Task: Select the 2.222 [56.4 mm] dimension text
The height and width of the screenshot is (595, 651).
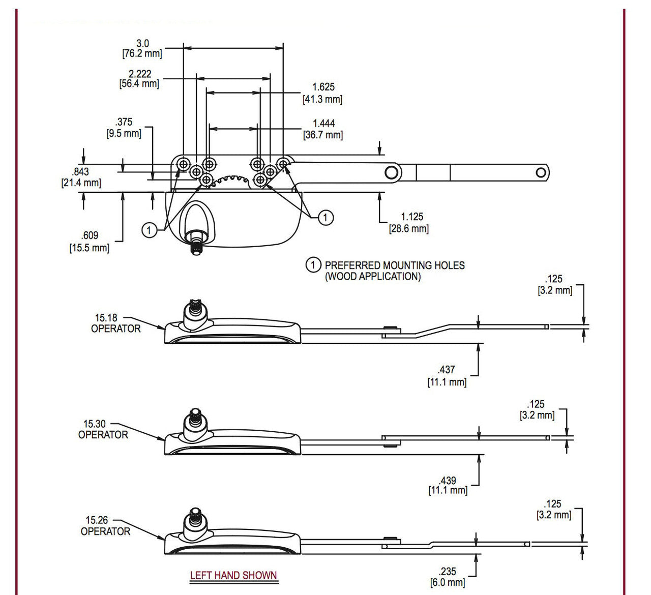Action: pos(139,79)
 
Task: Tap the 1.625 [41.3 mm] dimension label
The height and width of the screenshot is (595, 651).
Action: pos(323,93)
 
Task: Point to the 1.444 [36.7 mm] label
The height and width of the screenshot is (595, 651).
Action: pos(323,129)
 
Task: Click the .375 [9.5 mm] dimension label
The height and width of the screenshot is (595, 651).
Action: pos(124,128)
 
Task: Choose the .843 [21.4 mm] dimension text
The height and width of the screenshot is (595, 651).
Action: pos(81,177)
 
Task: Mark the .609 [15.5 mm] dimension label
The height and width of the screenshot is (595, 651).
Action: pos(90,242)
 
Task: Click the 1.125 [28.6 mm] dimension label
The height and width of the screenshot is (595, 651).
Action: pos(409,223)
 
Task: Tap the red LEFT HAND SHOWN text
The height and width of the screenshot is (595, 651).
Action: pos(233,575)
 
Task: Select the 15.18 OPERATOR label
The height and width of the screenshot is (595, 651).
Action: pos(115,323)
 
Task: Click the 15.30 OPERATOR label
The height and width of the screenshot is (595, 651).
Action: pos(103,429)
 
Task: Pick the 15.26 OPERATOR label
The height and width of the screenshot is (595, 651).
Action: pos(105,526)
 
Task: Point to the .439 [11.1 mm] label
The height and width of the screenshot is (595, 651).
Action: pos(448,485)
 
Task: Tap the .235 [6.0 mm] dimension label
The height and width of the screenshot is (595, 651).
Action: pos(448,577)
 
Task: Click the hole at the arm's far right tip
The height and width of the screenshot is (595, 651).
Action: pos(541,173)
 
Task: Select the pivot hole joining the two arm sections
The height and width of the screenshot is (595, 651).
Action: pos(392,172)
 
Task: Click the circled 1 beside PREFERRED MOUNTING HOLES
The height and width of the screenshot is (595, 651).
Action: pos(313,265)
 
